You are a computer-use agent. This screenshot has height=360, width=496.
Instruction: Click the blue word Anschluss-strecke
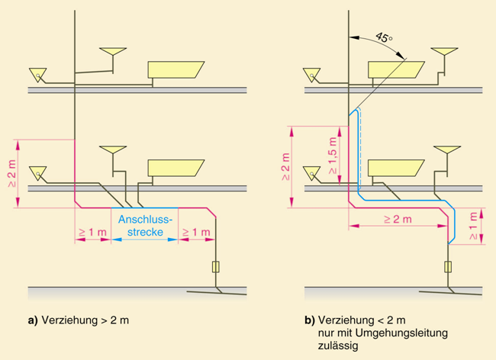(x=145, y=227)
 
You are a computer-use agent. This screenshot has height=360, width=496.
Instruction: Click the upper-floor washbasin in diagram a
(x=114, y=53)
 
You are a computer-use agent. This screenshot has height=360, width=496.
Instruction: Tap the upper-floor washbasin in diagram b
(x=443, y=53)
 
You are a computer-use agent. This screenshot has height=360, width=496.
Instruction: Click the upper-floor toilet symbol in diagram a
(x=37, y=74)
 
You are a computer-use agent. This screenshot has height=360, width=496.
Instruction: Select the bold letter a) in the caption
(x=32, y=320)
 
